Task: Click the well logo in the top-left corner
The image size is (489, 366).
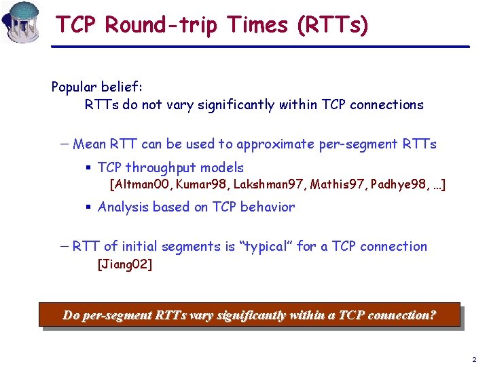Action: (20, 22)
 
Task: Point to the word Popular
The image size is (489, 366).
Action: (75, 87)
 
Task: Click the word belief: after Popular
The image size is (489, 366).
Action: (123, 87)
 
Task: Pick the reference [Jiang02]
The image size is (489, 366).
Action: (125, 264)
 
